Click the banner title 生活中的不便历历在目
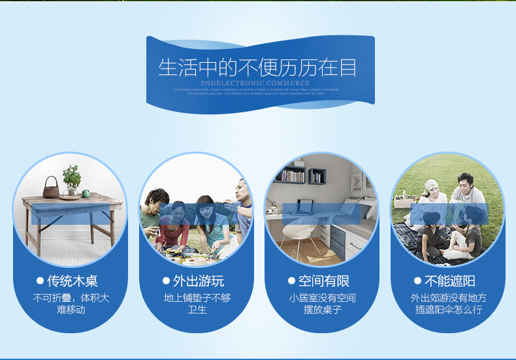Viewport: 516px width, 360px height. (257, 68)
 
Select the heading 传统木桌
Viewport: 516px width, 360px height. (73, 281)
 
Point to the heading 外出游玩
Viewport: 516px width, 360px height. (198, 281)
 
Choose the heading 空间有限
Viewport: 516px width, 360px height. (324, 281)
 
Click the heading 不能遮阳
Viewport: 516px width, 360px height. (450, 281)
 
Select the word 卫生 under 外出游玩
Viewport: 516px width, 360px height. (197, 310)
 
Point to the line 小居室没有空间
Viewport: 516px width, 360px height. (323, 298)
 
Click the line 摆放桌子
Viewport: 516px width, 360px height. (323, 310)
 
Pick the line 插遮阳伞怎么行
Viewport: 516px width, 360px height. (449, 310)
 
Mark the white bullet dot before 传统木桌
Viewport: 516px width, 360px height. (40, 281)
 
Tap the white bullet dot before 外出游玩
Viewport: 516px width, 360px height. (167, 281)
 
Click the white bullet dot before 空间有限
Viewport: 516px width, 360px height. (292, 281)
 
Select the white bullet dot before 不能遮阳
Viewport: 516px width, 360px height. (418, 281)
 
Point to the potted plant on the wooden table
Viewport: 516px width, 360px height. (71, 178)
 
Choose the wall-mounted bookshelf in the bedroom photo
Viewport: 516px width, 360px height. (292, 174)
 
